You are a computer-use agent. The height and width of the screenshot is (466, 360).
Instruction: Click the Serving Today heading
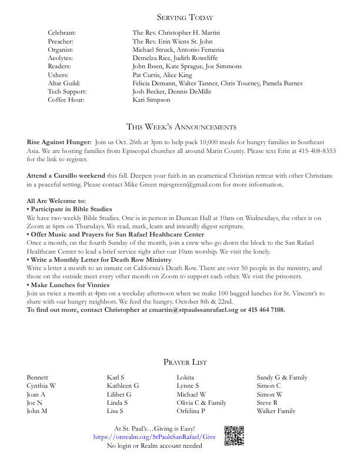point(180,18)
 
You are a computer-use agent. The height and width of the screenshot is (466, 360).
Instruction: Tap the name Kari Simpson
point(151,100)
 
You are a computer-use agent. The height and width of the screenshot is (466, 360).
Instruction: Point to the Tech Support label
point(67,92)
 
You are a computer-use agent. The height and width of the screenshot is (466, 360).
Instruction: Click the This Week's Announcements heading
point(181,127)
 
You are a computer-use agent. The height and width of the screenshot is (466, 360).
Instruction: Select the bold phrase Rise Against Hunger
point(59,142)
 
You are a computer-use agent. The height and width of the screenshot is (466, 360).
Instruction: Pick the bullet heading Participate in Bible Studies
point(69,209)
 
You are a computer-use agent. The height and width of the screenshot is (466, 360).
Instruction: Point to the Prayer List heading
point(185,362)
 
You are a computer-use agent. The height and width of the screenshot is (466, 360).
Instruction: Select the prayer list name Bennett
point(38,378)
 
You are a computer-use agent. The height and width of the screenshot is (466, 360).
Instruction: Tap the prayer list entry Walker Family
point(276,411)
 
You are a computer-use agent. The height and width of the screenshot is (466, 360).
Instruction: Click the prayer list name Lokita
point(185,378)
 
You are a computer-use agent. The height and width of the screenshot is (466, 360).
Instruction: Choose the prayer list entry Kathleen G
point(123,386)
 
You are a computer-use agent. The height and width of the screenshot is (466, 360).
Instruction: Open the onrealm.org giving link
point(154,437)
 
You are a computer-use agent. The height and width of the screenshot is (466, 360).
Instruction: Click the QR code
point(234,435)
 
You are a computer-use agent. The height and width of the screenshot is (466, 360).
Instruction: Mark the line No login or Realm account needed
point(154,446)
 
